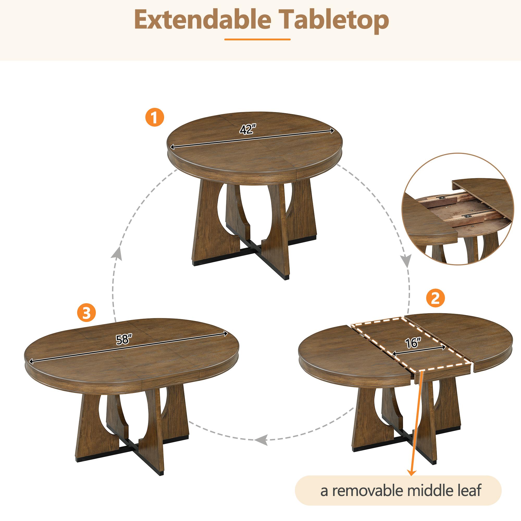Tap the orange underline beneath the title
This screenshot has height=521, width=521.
pos(257,40)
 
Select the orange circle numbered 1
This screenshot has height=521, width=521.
pos(154,117)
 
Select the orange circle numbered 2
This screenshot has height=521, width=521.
pos(435,298)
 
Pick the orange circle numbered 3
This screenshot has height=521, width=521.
pos(86,313)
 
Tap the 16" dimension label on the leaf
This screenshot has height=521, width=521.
pos(413,343)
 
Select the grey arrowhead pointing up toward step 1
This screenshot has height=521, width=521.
pos(116,253)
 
